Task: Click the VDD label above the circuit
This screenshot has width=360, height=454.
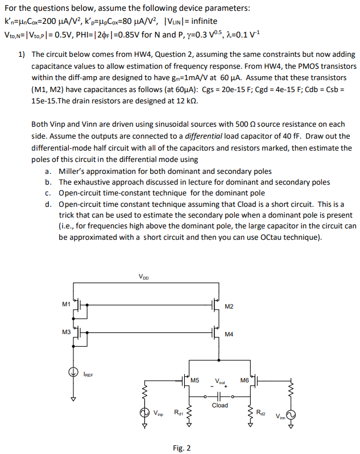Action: (x=144, y=277)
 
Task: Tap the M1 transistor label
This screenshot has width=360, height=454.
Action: (x=66, y=304)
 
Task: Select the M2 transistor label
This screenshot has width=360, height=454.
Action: (x=229, y=307)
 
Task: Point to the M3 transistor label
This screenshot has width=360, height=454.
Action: (x=66, y=332)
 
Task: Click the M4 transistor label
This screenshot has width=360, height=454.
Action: (x=229, y=334)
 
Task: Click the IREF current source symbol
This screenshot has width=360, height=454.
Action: (x=73, y=373)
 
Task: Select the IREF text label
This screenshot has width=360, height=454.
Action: (x=89, y=375)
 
